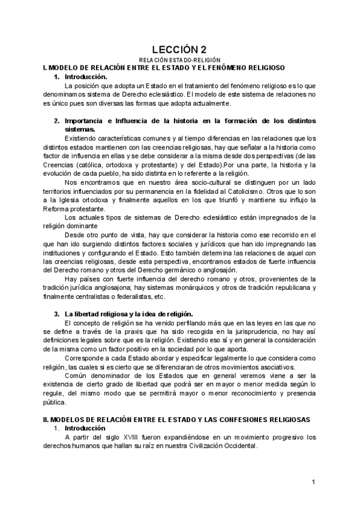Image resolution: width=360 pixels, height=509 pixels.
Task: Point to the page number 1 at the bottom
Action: point(314,482)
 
